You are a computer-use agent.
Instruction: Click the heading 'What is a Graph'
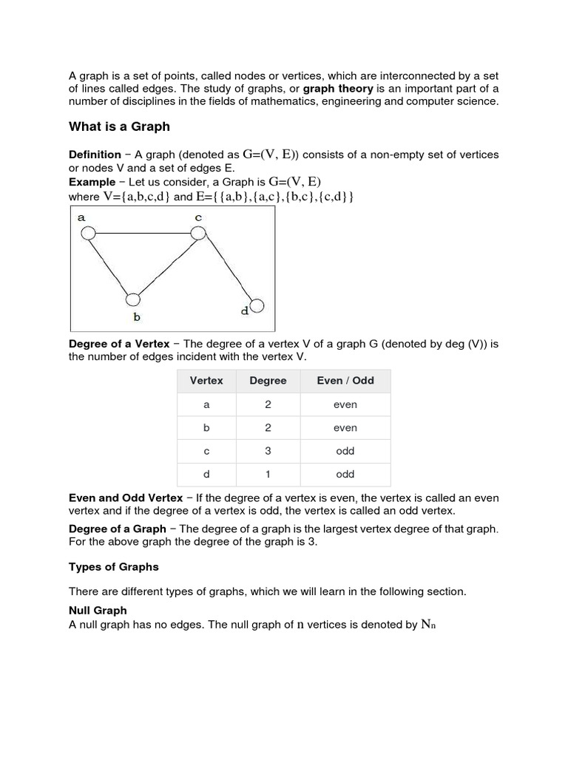[119, 126]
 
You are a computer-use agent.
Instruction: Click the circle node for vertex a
[88, 234]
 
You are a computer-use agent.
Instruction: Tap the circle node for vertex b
[133, 299]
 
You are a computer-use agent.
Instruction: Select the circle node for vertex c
[198, 233]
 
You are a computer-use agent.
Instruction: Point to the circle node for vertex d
[257, 305]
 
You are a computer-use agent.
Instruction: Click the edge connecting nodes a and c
[143, 234]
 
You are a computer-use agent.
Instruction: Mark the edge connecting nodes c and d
[226, 268]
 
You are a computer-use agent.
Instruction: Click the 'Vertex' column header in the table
[206, 381]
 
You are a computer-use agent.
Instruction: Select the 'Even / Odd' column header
[345, 381]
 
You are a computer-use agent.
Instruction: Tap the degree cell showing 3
[268, 451]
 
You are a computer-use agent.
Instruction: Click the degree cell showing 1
[268, 475]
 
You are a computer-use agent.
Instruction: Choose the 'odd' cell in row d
[345, 475]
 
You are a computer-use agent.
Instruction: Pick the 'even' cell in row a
[345, 404]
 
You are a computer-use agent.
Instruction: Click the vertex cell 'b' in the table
[206, 428]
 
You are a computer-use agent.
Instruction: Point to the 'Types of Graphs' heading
[113, 568]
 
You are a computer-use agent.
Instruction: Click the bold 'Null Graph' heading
[98, 611]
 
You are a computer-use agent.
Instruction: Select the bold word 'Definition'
[95, 155]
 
